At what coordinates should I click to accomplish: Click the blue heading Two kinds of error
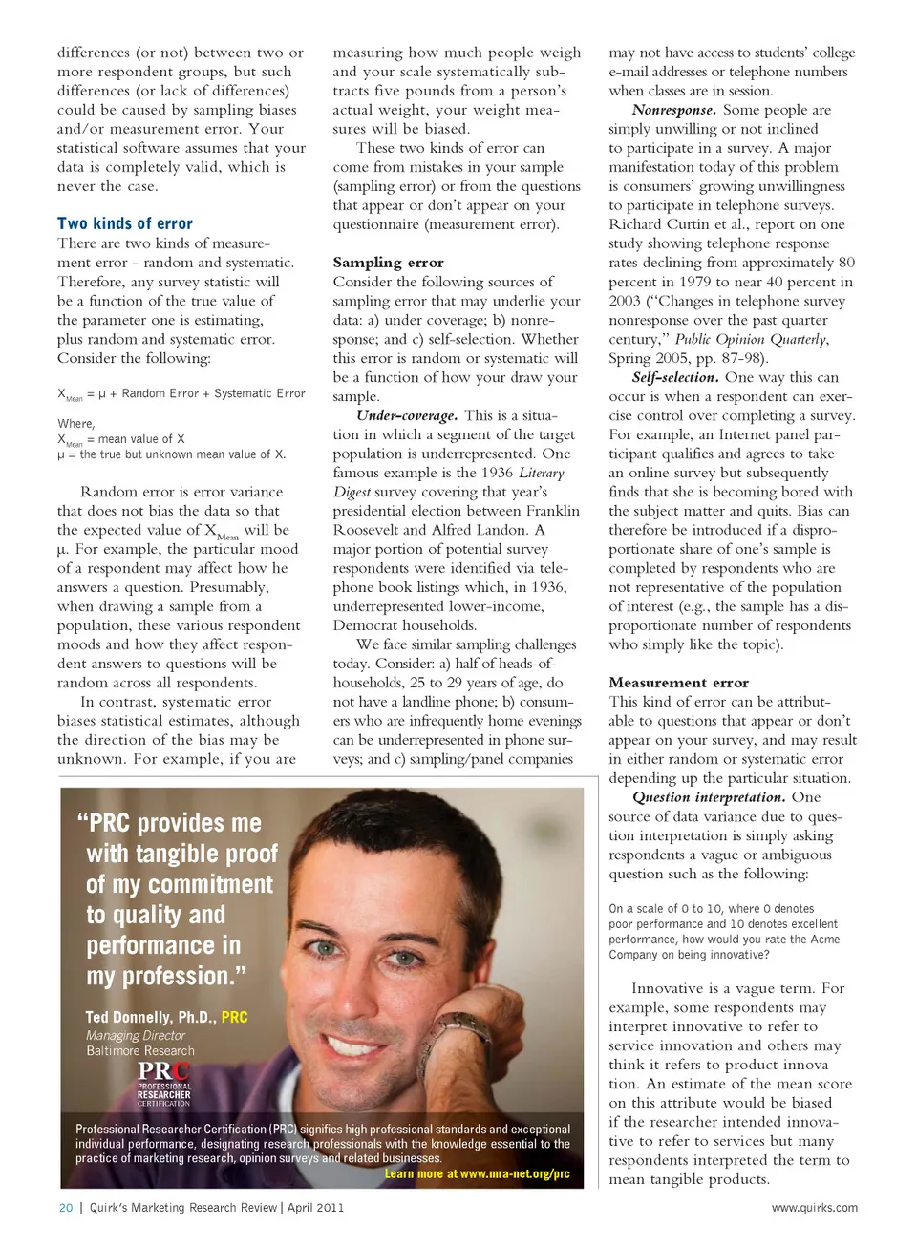pyautogui.click(x=125, y=223)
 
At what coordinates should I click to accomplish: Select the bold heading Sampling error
pyautogui.click(x=388, y=263)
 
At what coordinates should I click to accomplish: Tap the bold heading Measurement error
pyautogui.click(x=678, y=683)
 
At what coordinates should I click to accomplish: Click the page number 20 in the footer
pyautogui.click(x=66, y=1208)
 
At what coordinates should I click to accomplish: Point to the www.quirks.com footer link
pyautogui.click(x=814, y=1208)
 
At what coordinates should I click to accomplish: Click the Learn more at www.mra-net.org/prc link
pyautogui.click(x=477, y=1173)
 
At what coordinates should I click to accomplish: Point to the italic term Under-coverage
pyautogui.click(x=406, y=415)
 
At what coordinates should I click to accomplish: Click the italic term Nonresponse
pyautogui.click(x=673, y=110)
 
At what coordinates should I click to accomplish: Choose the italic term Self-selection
pyautogui.click(x=674, y=377)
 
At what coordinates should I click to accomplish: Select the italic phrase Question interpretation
pyautogui.click(x=708, y=797)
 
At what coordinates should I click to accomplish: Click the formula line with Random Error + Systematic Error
pyautogui.click(x=181, y=393)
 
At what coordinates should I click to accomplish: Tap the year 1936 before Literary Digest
pyautogui.click(x=497, y=473)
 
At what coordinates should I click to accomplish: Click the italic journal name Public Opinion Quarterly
pyautogui.click(x=751, y=339)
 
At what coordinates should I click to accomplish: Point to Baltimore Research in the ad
pyautogui.click(x=140, y=1050)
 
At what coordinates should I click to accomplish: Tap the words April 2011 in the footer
pyautogui.click(x=315, y=1208)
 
